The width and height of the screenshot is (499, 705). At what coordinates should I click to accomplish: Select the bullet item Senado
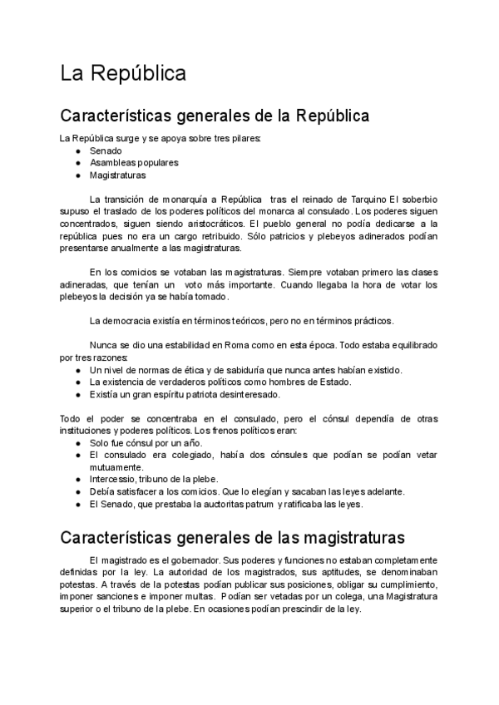click(x=106, y=150)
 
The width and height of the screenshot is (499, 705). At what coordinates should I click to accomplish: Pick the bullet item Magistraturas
click(x=117, y=175)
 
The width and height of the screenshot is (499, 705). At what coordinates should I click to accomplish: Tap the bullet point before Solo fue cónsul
click(x=77, y=443)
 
